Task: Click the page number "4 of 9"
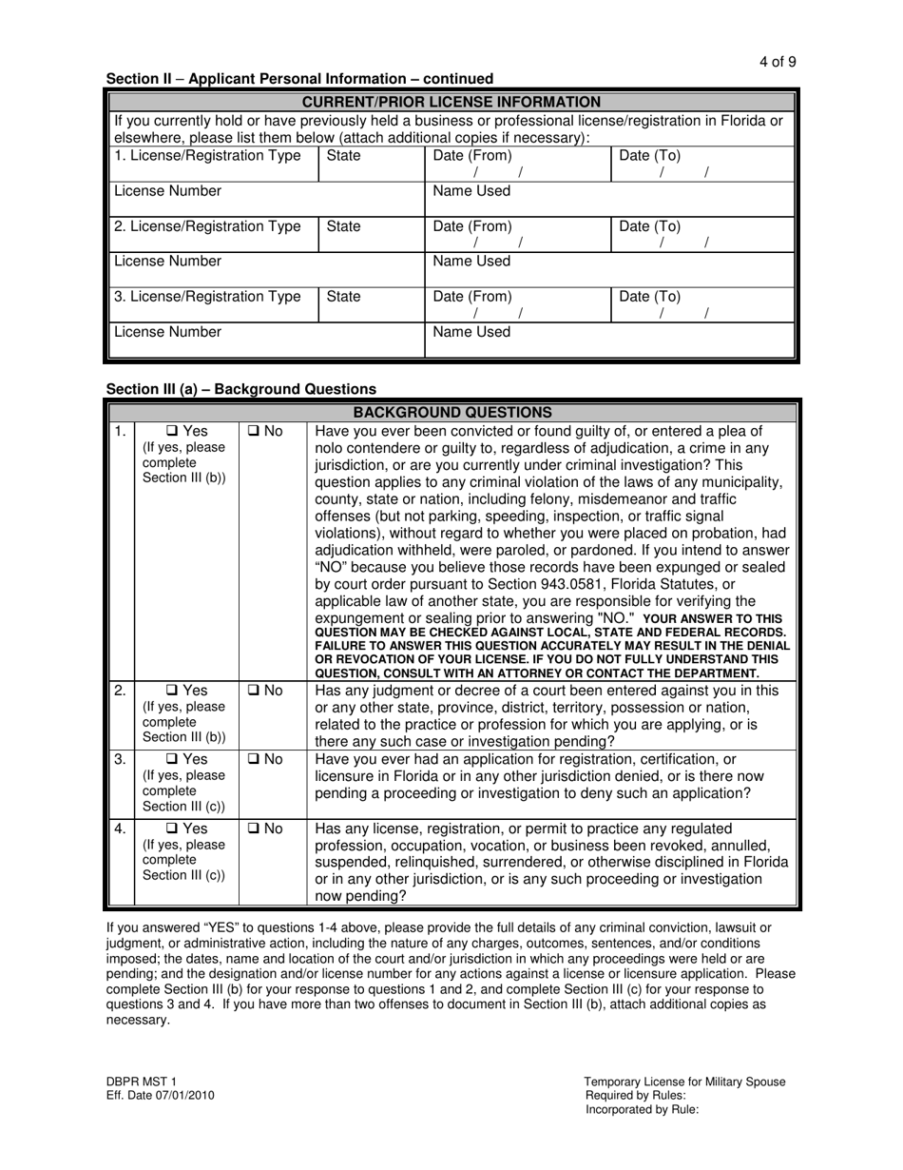tap(778, 62)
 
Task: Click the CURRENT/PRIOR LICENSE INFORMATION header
tap(451, 102)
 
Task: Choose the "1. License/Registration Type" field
tap(215, 164)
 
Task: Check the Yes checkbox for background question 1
tap(172, 431)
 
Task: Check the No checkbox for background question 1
tap(255, 431)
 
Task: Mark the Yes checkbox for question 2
tap(172, 691)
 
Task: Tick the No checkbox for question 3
tap(255, 759)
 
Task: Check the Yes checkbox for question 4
tap(172, 829)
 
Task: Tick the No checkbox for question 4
tap(255, 829)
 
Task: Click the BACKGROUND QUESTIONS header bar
tap(451, 413)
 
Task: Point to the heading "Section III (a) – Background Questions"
tap(241, 389)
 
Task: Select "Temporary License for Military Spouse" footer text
tap(684, 1082)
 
